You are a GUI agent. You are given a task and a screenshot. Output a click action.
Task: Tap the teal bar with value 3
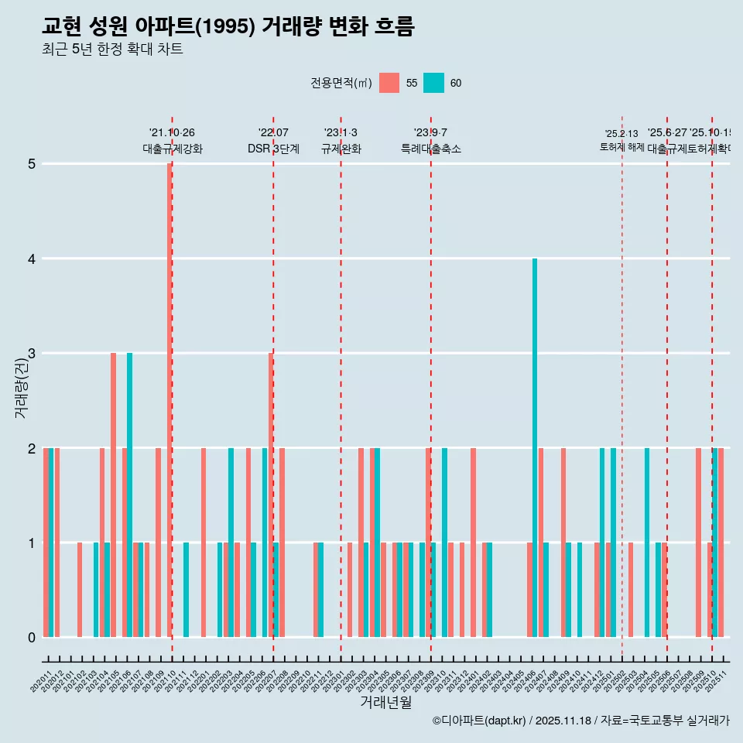coord(130,495)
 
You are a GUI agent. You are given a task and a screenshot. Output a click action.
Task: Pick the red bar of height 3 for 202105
coord(113,495)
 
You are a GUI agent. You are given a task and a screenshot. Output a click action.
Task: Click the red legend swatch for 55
coord(389,83)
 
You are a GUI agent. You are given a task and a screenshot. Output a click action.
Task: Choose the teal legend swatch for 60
coord(434,83)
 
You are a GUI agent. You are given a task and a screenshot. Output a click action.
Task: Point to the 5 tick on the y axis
coord(32,164)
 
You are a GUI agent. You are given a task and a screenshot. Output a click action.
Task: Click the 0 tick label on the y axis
coord(32,638)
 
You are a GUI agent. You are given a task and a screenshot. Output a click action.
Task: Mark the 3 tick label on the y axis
coord(32,354)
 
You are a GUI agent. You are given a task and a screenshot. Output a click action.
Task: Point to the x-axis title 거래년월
coord(385,702)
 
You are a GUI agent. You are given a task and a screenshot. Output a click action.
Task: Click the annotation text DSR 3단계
coord(273,149)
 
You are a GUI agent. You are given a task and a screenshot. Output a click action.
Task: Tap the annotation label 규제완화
coord(341,149)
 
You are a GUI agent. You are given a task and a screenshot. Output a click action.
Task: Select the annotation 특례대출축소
coord(430,149)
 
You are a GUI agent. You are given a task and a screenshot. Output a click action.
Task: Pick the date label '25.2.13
coord(621,134)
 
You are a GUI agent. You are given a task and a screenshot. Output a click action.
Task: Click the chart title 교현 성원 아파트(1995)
coord(228,26)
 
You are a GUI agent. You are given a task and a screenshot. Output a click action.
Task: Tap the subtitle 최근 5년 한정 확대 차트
coord(112,50)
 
